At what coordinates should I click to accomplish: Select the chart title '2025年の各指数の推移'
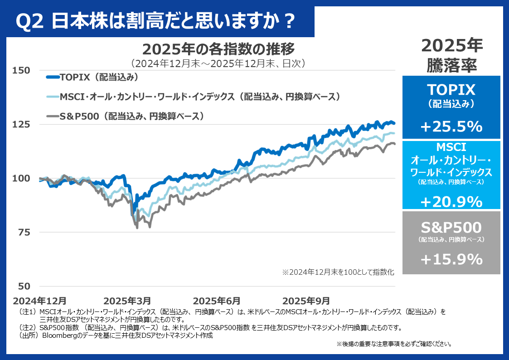pyautogui.click(x=218, y=48)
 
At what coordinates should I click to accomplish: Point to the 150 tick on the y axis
pyautogui.click(x=21, y=70)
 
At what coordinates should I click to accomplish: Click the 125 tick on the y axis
pyautogui.click(x=21, y=124)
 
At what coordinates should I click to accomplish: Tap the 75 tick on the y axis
pyautogui.click(x=24, y=232)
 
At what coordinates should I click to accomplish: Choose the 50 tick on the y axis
pyautogui.click(x=24, y=286)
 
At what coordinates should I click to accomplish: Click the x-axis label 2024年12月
pyautogui.click(x=40, y=301)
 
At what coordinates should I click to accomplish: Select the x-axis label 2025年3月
pyautogui.click(x=127, y=301)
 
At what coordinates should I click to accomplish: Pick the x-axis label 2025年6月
pyautogui.click(x=217, y=301)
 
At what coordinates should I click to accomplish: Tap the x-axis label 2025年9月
pyautogui.click(x=306, y=301)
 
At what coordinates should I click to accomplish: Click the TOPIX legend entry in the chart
pyautogui.click(x=92, y=78)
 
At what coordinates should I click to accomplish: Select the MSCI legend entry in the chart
pyautogui.click(x=193, y=97)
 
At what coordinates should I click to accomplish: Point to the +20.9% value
pyautogui.click(x=451, y=201)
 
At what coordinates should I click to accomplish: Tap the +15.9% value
pyautogui.click(x=451, y=259)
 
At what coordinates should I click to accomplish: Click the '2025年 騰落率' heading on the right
pyautogui.click(x=451, y=55)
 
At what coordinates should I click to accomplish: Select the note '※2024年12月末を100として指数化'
pyautogui.click(x=338, y=272)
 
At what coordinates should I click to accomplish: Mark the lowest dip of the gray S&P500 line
pyautogui.click(x=137, y=228)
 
